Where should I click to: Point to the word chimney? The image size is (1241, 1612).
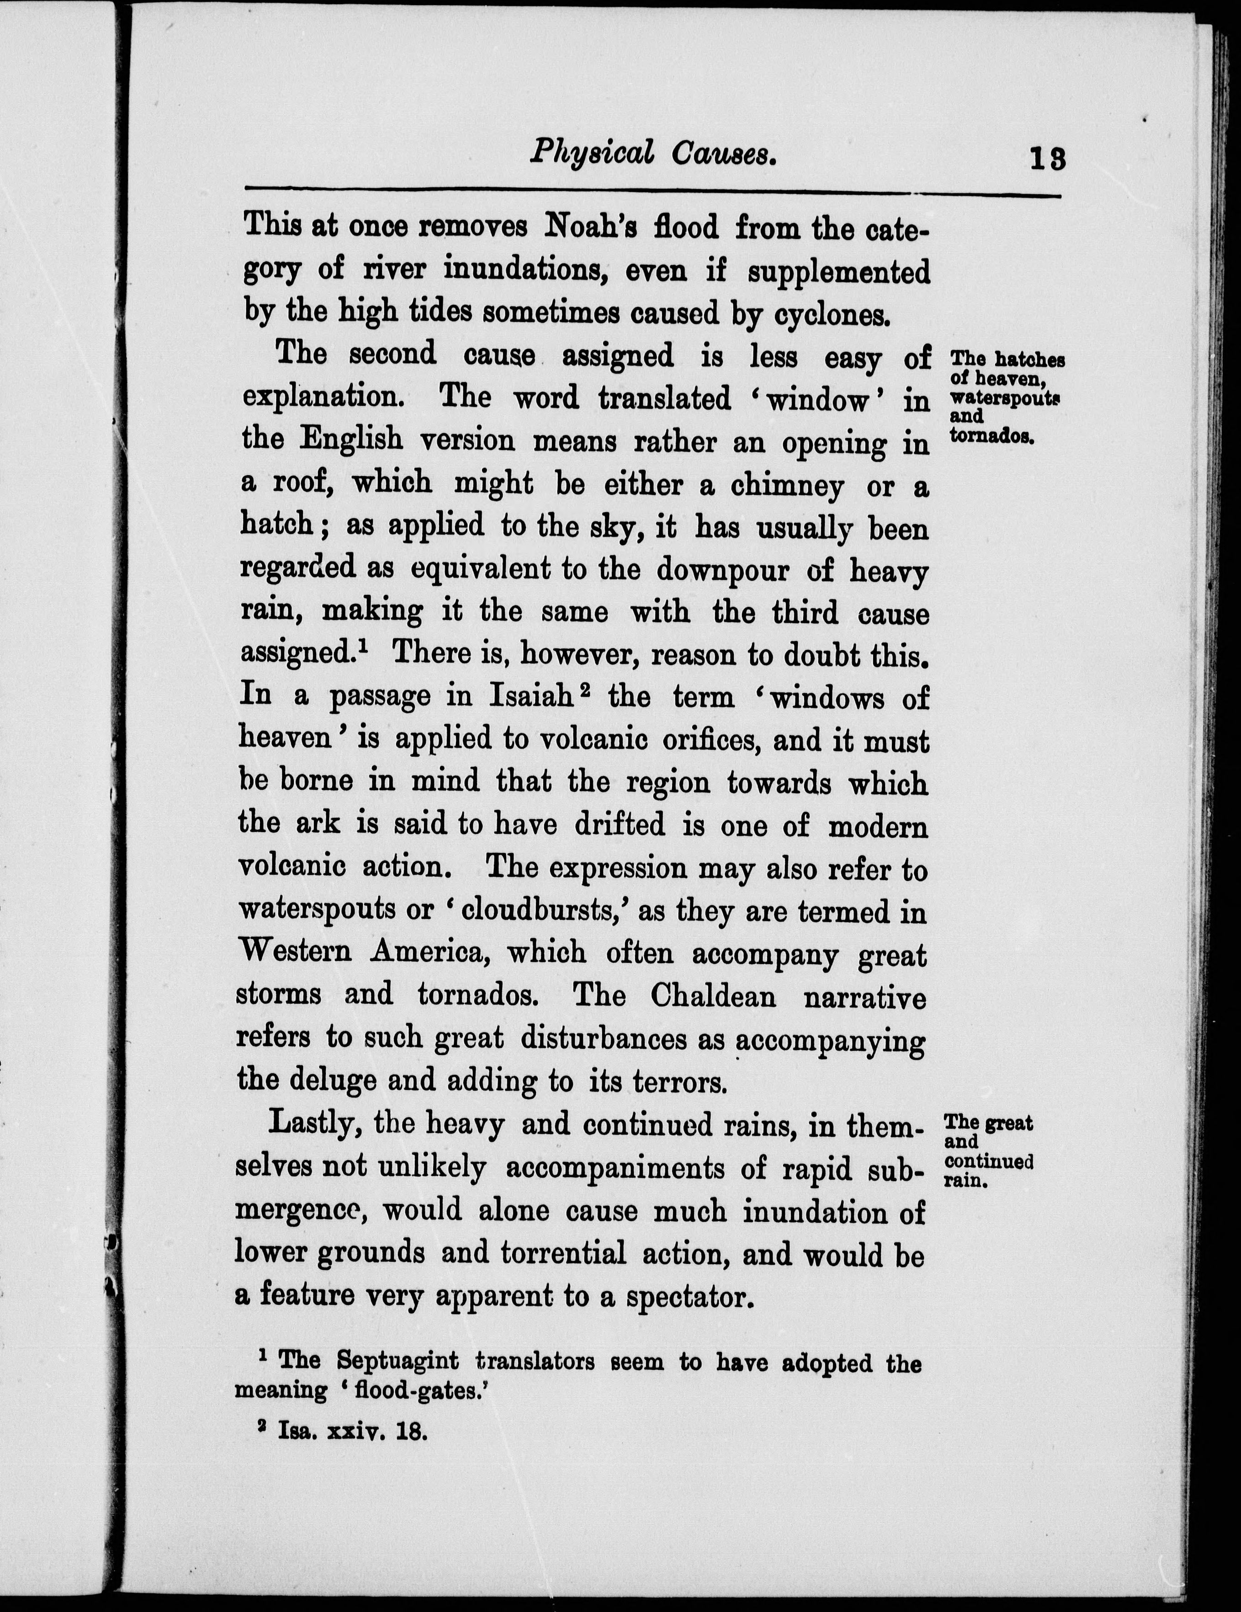[787, 487]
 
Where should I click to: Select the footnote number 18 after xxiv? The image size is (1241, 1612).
[411, 1432]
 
